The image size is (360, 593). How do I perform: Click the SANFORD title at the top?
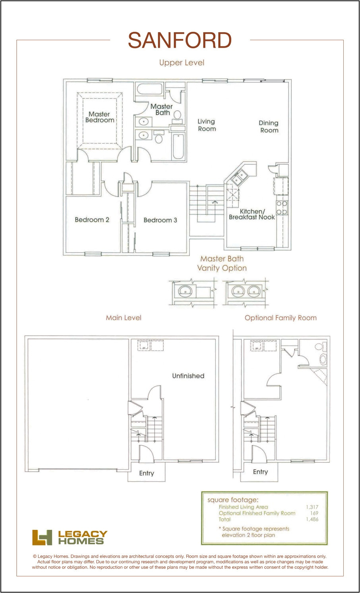click(x=180, y=41)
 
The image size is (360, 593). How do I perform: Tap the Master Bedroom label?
click(x=99, y=117)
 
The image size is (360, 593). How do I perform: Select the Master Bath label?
click(x=161, y=110)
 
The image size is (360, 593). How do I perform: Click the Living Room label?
click(x=207, y=125)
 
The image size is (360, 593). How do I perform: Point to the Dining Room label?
click(x=269, y=127)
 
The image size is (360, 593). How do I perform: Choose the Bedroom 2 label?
click(x=92, y=220)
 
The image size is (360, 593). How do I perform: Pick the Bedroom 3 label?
click(x=160, y=220)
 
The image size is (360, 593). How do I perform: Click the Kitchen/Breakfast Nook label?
click(x=252, y=214)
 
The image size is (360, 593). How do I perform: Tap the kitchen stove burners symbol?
click(x=282, y=208)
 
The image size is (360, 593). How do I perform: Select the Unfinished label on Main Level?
click(x=188, y=376)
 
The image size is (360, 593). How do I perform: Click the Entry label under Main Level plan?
click(x=146, y=473)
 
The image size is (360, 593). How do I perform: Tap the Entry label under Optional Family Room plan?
click(x=260, y=472)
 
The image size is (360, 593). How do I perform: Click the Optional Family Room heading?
click(x=281, y=318)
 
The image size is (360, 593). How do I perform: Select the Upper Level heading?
click(x=182, y=63)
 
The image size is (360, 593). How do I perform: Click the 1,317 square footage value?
click(x=312, y=507)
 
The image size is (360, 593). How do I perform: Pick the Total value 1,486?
click(x=312, y=519)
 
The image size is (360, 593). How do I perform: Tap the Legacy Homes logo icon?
click(x=42, y=537)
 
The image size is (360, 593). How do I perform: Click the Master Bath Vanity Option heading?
click(x=222, y=263)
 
